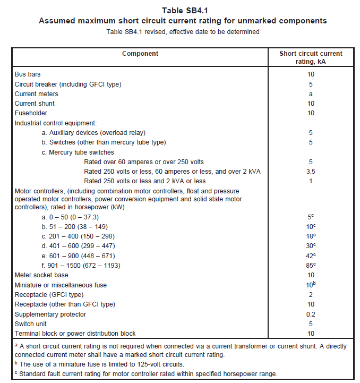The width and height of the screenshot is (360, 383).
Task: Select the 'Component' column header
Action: (x=140, y=54)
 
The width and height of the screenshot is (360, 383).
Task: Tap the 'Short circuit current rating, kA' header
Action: (x=311, y=57)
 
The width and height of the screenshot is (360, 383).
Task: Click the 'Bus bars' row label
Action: (x=28, y=74)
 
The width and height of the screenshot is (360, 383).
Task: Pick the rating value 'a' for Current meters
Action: (x=311, y=94)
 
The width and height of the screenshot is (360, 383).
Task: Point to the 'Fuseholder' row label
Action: (x=31, y=113)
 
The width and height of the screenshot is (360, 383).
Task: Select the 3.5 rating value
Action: (x=311, y=172)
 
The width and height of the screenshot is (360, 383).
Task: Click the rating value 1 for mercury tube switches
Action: (x=311, y=181)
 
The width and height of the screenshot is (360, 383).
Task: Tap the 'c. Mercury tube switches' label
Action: (x=78, y=152)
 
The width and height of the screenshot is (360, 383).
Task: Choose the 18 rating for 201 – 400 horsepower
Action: (x=311, y=236)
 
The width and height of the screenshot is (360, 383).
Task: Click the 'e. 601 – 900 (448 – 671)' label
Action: (x=78, y=256)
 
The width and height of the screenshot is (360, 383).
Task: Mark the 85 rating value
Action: (x=311, y=265)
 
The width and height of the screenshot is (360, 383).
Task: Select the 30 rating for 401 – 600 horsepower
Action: (x=311, y=246)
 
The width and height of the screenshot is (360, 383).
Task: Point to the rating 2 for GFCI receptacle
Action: (x=311, y=295)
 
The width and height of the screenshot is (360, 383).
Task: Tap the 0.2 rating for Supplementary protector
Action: (x=311, y=314)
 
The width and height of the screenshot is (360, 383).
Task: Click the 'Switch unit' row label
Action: (x=31, y=324)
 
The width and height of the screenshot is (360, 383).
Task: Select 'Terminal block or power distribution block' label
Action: (x=75, y=334)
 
